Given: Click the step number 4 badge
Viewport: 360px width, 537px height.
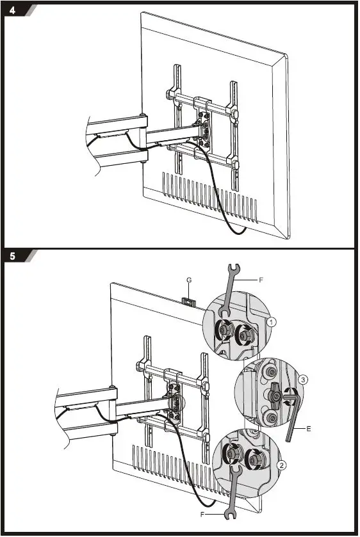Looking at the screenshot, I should (x=14, y=10).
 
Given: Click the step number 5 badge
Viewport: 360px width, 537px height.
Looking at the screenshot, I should (x=14, y=257).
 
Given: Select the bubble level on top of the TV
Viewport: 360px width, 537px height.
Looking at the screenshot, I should (x=187, y=300).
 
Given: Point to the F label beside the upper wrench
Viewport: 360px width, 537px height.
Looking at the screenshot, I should (x=261, y=280).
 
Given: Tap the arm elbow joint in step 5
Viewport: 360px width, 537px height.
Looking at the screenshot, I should (x=113, y=410).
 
